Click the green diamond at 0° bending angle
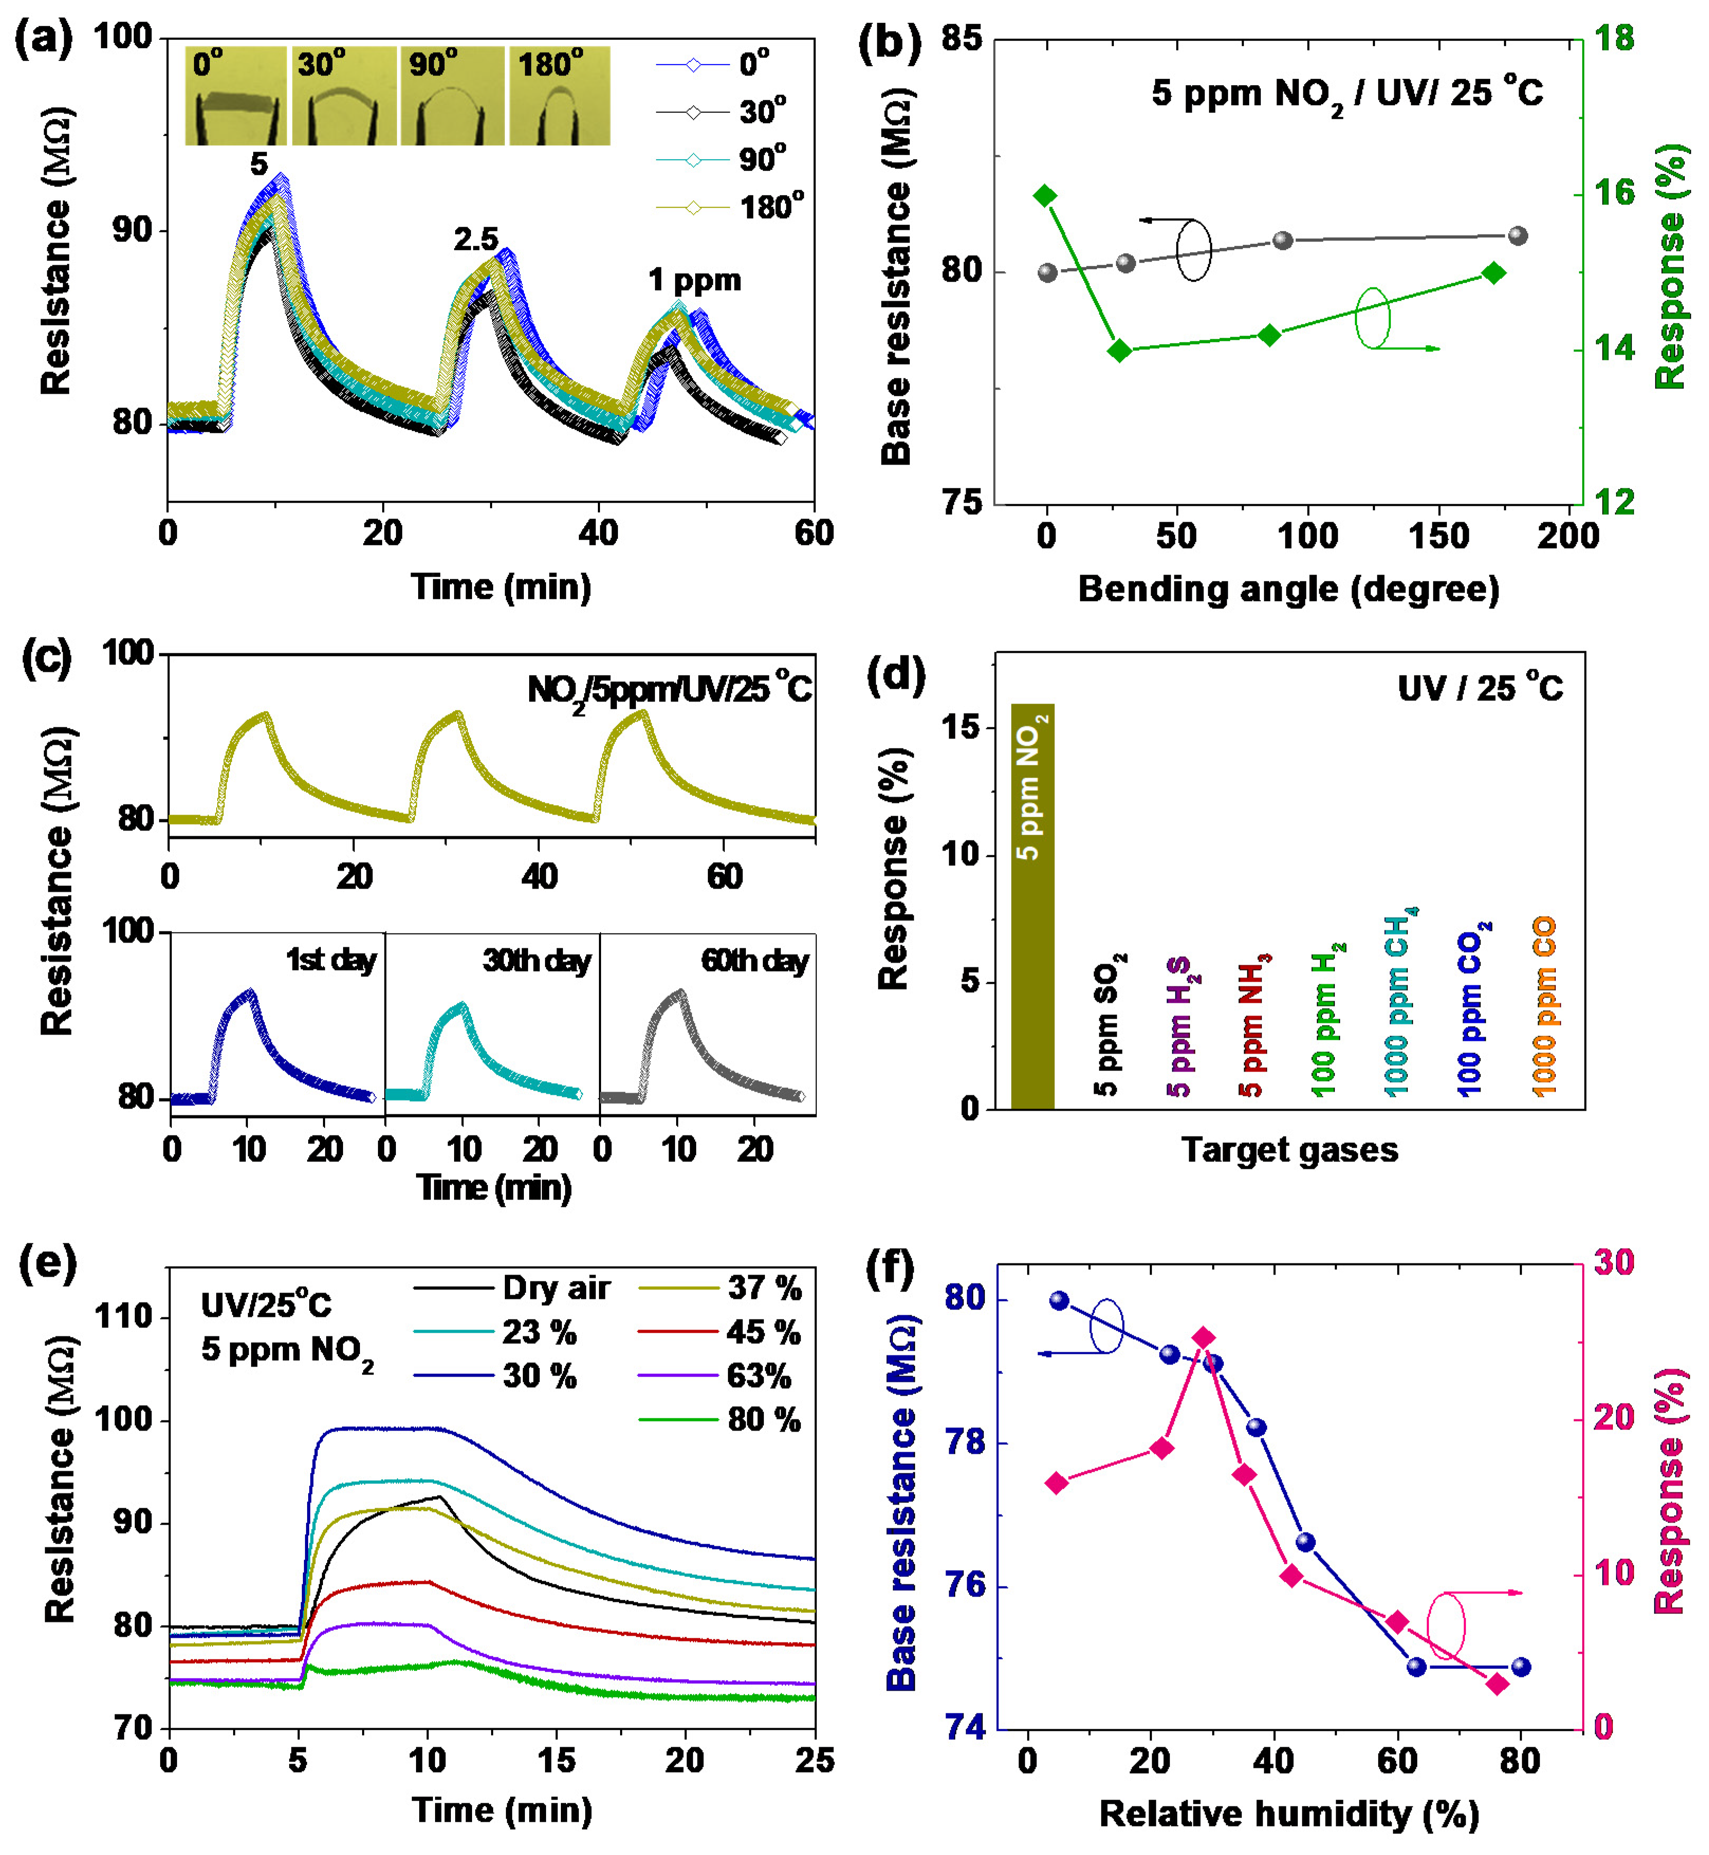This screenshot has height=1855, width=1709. pos(1046,195)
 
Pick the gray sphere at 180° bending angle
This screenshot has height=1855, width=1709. pos(1518,236)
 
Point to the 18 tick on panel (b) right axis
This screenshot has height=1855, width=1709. pos(1614,39)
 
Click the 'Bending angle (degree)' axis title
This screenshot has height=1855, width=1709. pos(1288,589)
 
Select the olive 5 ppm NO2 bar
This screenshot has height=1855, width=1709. pos(1032,906)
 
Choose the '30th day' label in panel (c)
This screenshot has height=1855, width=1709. pos(537,961)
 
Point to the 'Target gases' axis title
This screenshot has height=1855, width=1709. pos(1289,1149)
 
